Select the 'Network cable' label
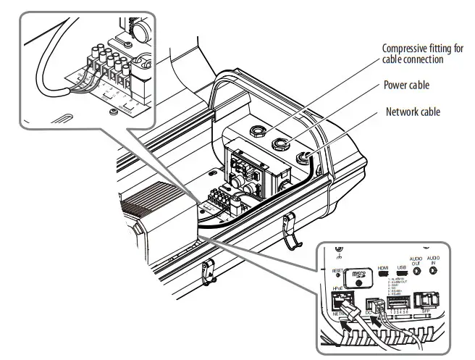(413, 112)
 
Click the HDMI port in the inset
(384, 276)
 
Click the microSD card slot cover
(356, 276)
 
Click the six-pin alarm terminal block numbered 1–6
(400, 300)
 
